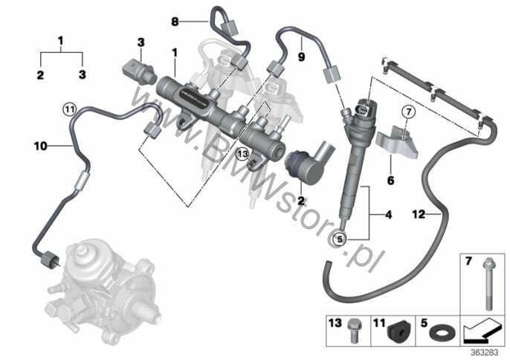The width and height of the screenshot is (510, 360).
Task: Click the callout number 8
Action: pyautogui.click(x=176, y=22)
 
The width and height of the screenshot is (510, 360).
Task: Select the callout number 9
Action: pyautogui.click(x=302, y=55)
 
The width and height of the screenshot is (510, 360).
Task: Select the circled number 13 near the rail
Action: pyautogui.click(x=240, y=153)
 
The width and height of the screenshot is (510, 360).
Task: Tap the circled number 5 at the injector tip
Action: pyautogui.click(x=340, y=240)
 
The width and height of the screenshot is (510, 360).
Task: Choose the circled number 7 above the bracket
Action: pyautogui.click(x=407, y=112)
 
